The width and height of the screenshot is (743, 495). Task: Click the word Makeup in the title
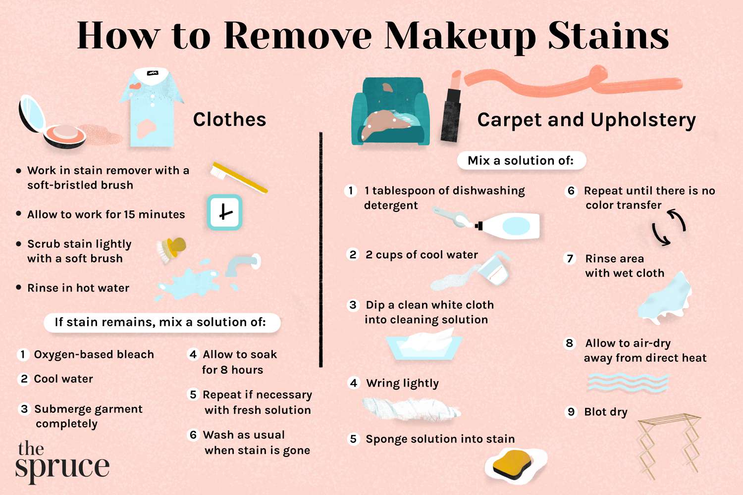pos(459,36)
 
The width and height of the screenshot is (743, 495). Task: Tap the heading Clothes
pos(229,119)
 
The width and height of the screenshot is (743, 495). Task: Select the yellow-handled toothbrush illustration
pos(238,177)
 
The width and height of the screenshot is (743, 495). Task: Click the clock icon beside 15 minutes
pos(224,212)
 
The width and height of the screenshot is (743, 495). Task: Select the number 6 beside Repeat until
pos(571,191)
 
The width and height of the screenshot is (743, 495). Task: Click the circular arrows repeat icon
pos(669,227)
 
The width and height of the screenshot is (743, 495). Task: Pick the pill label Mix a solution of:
pos(521,160)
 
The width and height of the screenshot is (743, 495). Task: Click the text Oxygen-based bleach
pos(94,354)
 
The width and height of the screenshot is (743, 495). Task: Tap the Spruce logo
pos(62,461)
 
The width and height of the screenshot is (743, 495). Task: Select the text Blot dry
pos(606,412)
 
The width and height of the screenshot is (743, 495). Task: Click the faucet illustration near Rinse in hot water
pos(242,264)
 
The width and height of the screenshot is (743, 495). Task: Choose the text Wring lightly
pos(402,383)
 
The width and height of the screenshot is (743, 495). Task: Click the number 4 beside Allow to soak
pos(193,354)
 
